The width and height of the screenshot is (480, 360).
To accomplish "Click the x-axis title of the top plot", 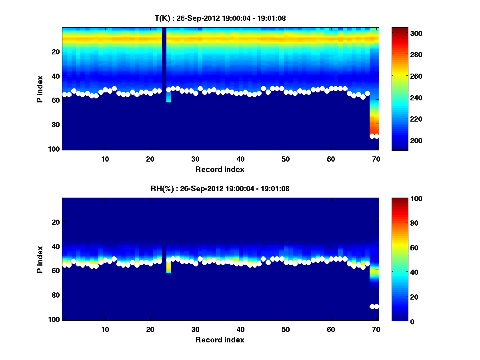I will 220,169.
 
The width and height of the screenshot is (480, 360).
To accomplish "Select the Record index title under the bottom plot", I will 220,340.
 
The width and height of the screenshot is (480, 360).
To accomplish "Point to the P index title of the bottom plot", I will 40,259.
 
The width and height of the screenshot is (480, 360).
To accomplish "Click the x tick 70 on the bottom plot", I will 376,329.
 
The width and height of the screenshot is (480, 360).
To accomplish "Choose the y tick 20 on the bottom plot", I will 56,222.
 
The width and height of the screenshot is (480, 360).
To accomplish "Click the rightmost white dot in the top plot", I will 376,136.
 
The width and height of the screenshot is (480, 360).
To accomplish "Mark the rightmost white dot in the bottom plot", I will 376,306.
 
